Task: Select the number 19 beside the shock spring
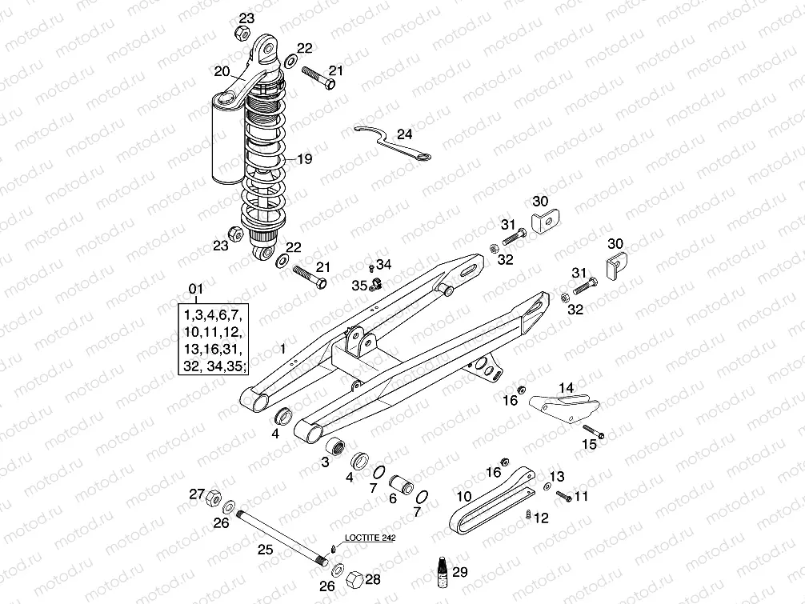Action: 303,159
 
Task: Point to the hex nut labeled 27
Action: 214,498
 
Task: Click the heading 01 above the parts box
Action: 196,288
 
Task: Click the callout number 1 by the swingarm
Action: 282,349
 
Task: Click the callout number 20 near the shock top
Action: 222,72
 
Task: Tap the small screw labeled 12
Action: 529,514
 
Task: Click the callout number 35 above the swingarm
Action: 359,285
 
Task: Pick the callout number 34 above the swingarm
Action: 385,265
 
